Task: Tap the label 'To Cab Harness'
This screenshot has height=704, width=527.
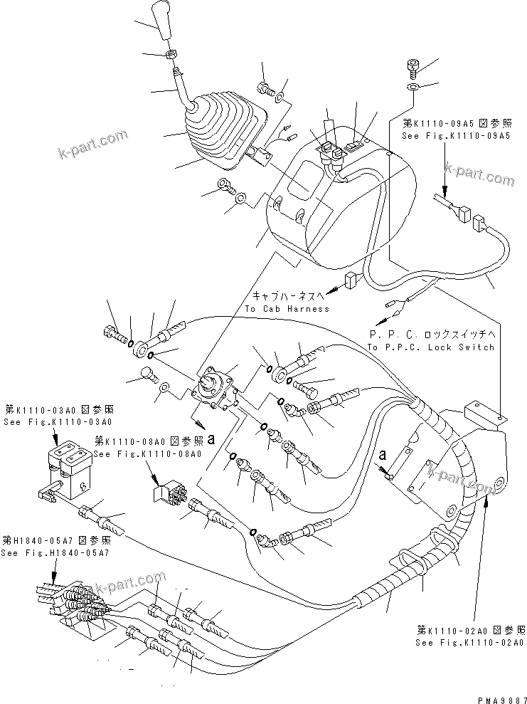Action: (x=287, y=308)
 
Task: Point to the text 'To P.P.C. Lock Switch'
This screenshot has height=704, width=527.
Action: (x=430, y=347)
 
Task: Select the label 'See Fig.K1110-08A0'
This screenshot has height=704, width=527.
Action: (x=147, y=453)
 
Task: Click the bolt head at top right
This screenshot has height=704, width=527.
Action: (x=412, y=67)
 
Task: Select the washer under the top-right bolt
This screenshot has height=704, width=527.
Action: (x=413, y=87)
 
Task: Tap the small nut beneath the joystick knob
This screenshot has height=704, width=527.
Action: (x=171, y=55)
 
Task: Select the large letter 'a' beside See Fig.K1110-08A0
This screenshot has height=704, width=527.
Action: (x=211, y=439)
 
